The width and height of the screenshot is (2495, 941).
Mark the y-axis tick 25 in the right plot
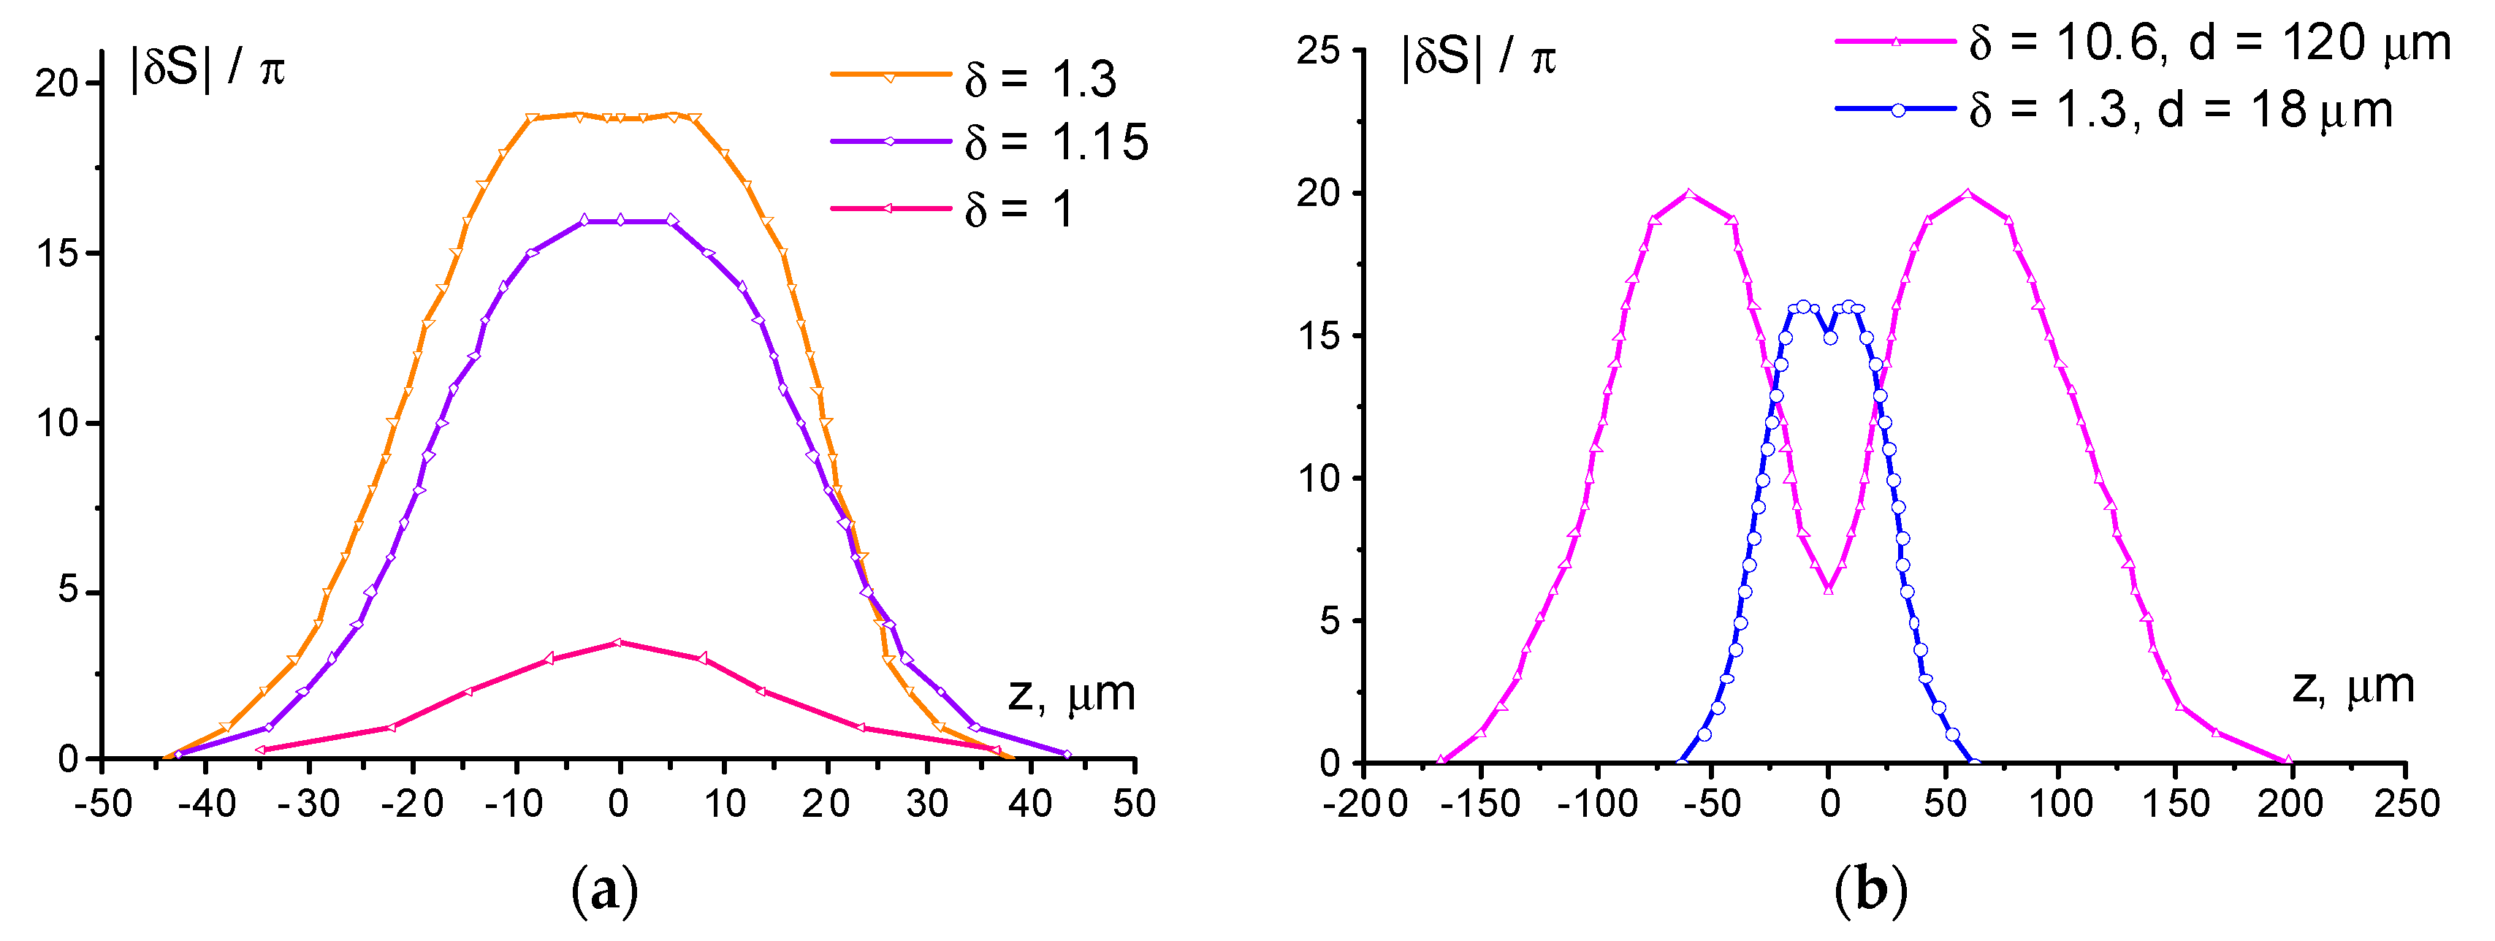pos(1319,50)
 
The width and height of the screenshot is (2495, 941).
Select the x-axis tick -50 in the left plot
pos(103,804)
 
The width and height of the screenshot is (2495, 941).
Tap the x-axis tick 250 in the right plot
pos(2406,804)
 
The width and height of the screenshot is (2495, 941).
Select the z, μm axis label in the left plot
pos(1071,694)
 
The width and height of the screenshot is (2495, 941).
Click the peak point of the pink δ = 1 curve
pos(620,642)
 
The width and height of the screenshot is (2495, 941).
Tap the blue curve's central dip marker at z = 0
pos(1829,338)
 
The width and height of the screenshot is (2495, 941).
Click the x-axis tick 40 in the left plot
pos(1031,804)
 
